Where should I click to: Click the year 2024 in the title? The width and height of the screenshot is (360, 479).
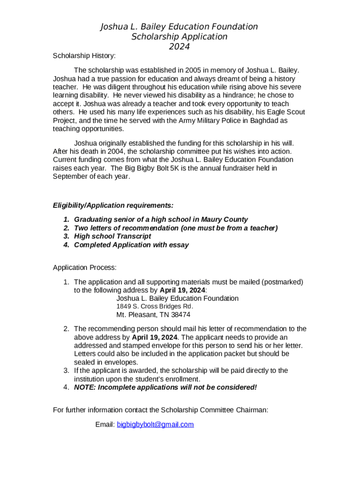(x=179, y=46)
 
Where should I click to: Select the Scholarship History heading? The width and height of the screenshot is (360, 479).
(x=84, y=56)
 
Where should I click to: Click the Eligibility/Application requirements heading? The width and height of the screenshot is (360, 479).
(x=113, y=206)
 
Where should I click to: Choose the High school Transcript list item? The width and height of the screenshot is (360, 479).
(x=113, y=237)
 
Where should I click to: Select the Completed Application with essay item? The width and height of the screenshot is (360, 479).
(x=131, y=245)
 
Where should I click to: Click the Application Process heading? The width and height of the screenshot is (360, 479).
(x=85, y=268)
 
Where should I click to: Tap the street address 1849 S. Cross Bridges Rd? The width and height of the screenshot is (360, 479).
(x=154, y=307)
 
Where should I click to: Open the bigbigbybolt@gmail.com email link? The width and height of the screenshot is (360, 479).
(x=155, y=425)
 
